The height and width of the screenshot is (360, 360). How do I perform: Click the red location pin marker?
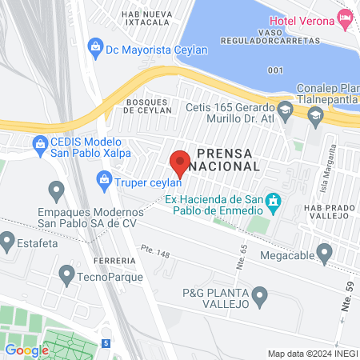point(180,162)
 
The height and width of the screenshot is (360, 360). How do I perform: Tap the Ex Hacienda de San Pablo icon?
point(274,201)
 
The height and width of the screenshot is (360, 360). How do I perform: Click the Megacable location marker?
point(324,254)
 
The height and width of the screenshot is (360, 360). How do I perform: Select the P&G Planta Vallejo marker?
point(261,298)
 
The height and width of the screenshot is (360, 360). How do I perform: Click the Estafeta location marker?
point(8,239)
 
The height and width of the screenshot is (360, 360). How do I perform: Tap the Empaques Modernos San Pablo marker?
point(56,190)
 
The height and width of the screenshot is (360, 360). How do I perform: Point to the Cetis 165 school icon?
point(286,108)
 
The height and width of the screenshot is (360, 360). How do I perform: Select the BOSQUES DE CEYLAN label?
point(149,106)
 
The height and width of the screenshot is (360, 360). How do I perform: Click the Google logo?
point(27,350)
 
